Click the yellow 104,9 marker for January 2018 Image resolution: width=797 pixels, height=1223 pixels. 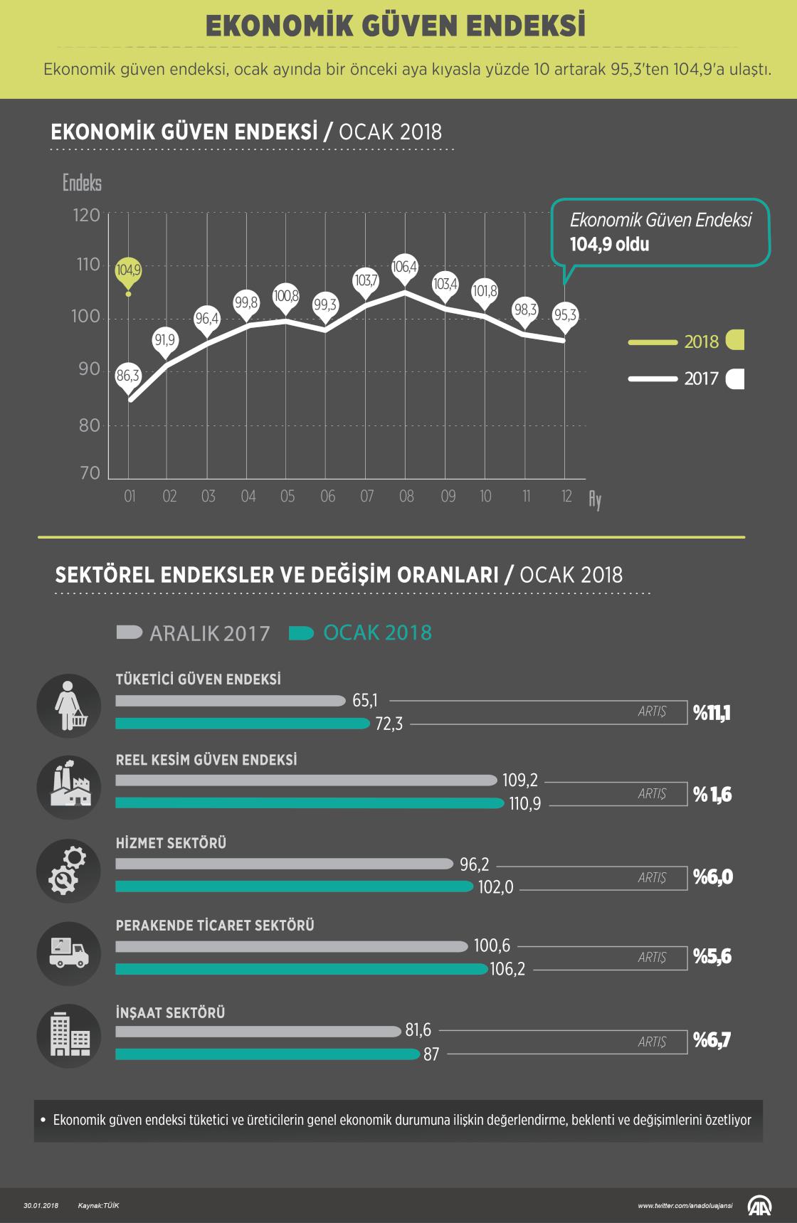point(129,271)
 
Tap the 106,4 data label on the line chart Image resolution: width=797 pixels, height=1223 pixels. point(405,268)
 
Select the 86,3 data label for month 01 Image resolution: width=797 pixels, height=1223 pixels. point(128,376)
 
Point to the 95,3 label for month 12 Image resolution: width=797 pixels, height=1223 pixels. point(565,315)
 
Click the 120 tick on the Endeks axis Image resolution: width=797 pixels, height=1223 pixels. point(86,216)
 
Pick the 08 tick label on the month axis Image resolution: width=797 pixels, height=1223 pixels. point(406,497)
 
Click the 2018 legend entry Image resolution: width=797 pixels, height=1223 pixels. point(701,342)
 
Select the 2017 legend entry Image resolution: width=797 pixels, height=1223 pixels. point(701,378)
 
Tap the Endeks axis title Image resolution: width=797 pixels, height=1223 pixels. point(82,184)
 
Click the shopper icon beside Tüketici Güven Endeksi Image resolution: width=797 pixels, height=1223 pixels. point(69,706)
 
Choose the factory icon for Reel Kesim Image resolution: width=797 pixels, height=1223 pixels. point(69,788)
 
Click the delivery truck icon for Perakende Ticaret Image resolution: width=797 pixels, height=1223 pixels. point(69,953)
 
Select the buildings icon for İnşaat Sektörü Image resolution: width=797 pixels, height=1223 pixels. point(69,1036)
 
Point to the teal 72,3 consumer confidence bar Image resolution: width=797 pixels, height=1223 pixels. point(243,724)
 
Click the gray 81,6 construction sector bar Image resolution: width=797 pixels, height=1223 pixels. point(258,1031)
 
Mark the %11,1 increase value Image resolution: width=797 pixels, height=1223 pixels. point(712,713)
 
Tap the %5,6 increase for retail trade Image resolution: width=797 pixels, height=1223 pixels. point(712,957)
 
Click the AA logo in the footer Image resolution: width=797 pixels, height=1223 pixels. point(759,1205)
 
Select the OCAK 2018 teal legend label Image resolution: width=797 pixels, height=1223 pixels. point(377,633)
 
